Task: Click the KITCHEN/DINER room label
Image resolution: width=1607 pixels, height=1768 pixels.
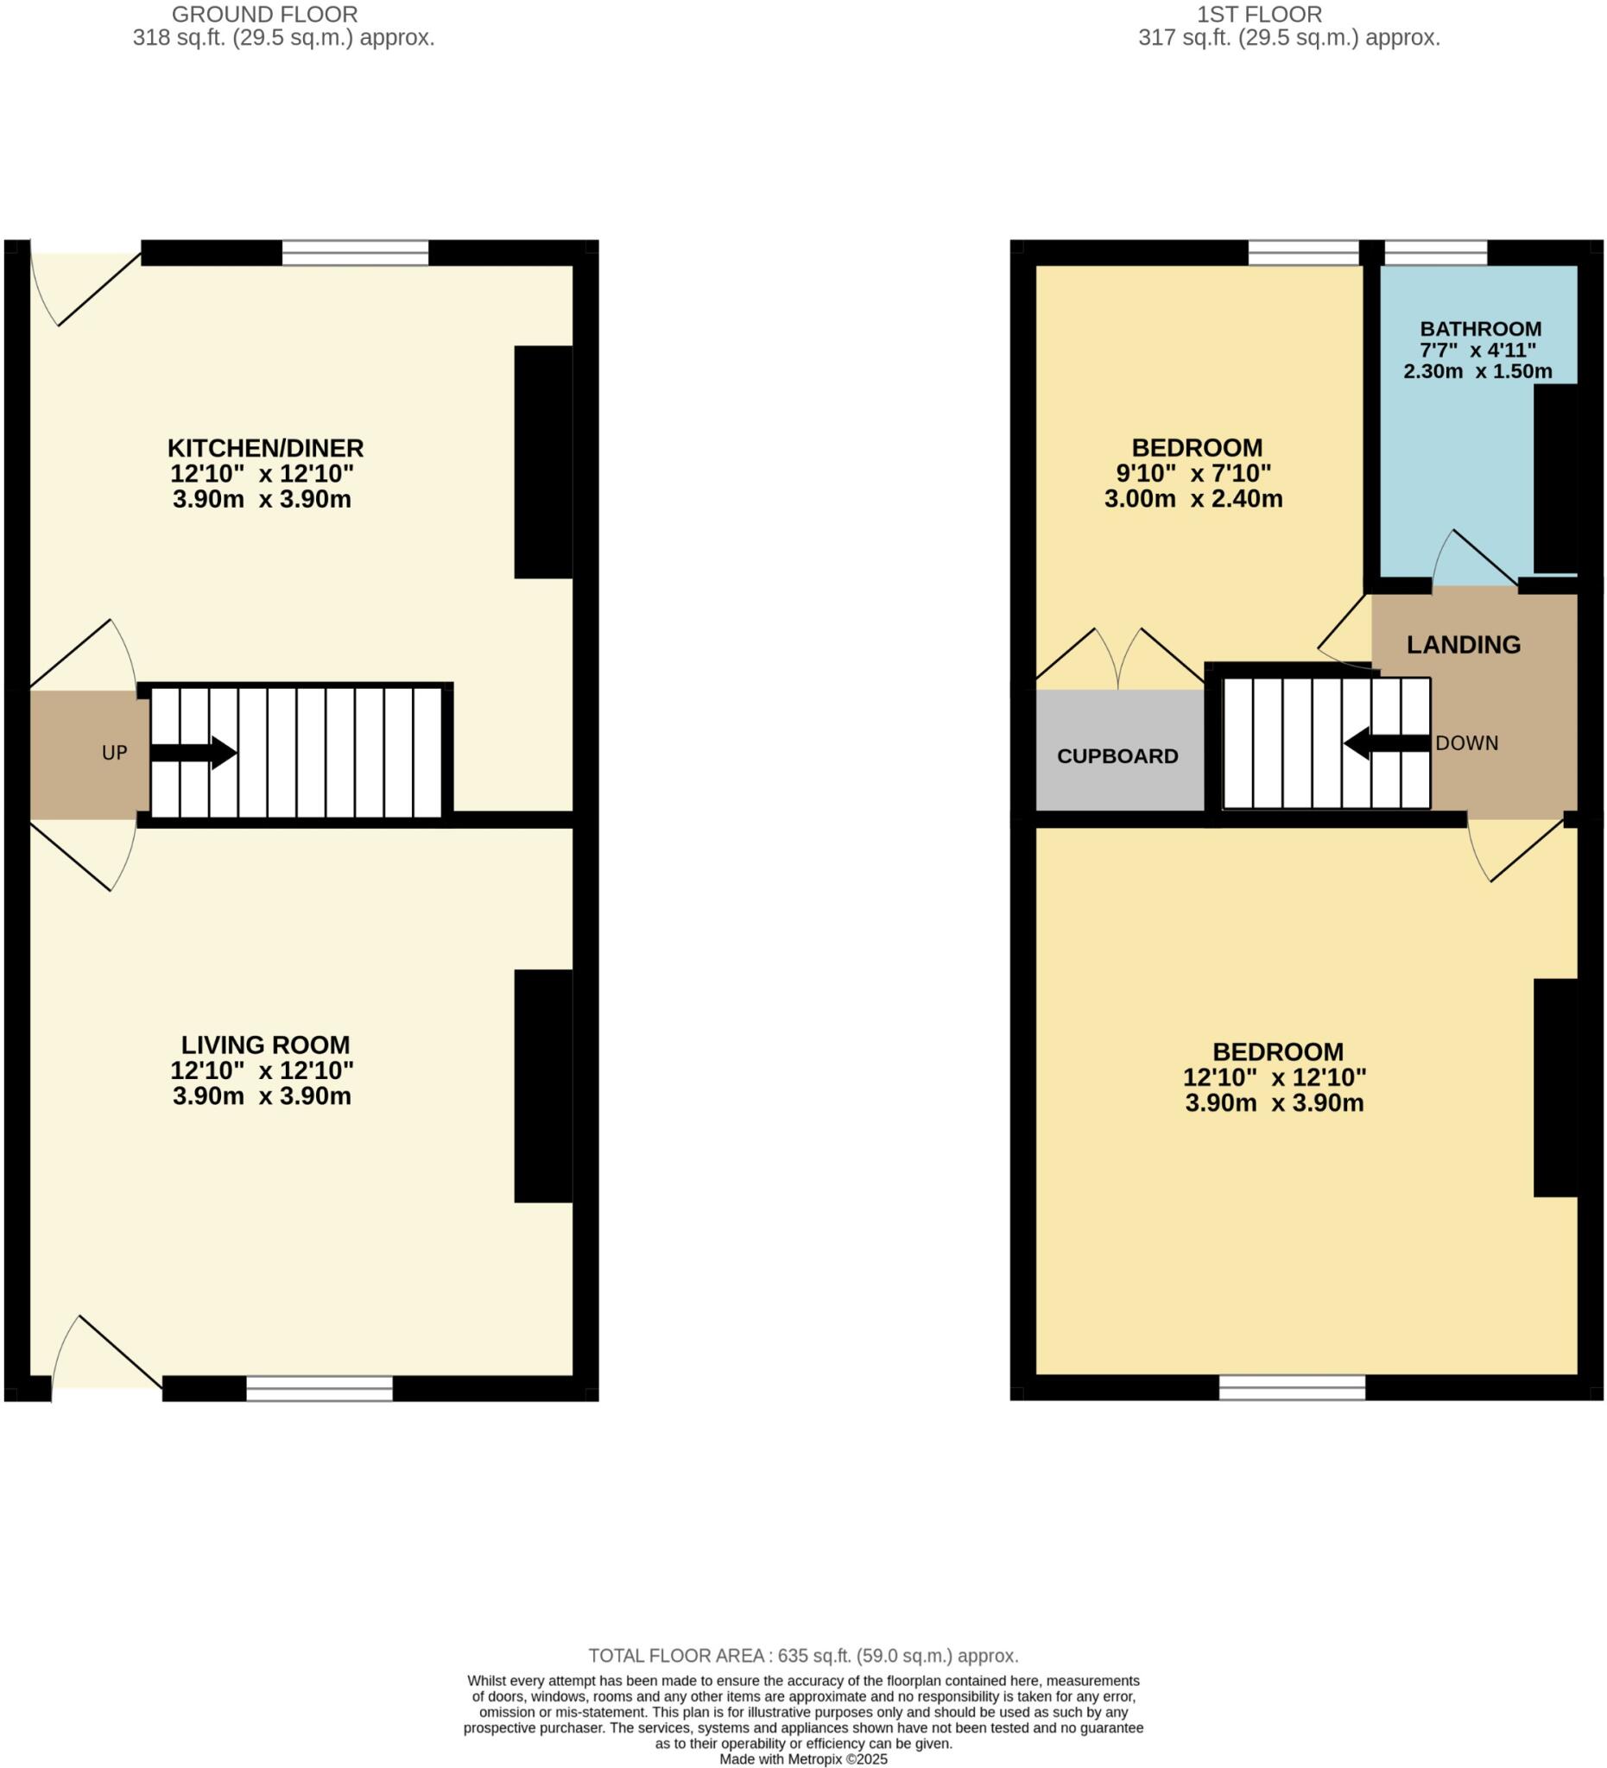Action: pos(265,448)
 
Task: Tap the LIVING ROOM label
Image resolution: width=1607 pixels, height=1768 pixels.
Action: pos(265,1045)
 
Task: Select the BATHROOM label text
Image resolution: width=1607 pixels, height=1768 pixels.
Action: pos(1480,329)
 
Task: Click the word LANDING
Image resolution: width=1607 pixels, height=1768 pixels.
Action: pos(1463,645)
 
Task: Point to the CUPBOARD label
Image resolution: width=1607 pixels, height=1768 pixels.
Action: pos(1117,756)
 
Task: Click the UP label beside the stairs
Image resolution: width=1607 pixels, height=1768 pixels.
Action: pos(115,753)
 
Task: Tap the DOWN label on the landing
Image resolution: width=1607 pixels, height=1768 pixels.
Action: pos(1466,742)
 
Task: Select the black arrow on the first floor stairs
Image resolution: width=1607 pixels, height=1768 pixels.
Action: pos(1387,743)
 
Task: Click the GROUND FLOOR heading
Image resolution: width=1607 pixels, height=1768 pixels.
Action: pos(264,15)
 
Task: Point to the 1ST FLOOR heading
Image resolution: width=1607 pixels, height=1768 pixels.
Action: pos(1259,15)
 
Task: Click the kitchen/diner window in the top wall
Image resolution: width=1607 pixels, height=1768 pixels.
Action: pos(355,253)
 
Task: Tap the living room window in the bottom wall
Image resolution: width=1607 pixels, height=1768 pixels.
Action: pos(320,1387)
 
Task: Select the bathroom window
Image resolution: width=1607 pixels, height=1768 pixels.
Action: pos(1435,253)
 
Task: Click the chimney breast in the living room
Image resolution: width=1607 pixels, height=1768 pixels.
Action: pos(543,1086)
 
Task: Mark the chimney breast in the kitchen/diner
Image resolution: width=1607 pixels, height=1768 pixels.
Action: pos(543,462)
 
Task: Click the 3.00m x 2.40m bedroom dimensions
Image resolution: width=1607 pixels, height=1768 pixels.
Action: pos(1193,499)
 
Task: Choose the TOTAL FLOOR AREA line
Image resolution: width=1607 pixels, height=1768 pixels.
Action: pos(802,1656)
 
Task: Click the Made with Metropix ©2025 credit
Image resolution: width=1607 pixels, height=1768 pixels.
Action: pos(802,1759)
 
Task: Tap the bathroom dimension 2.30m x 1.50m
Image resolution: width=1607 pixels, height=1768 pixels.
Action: pos(1477,371)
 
